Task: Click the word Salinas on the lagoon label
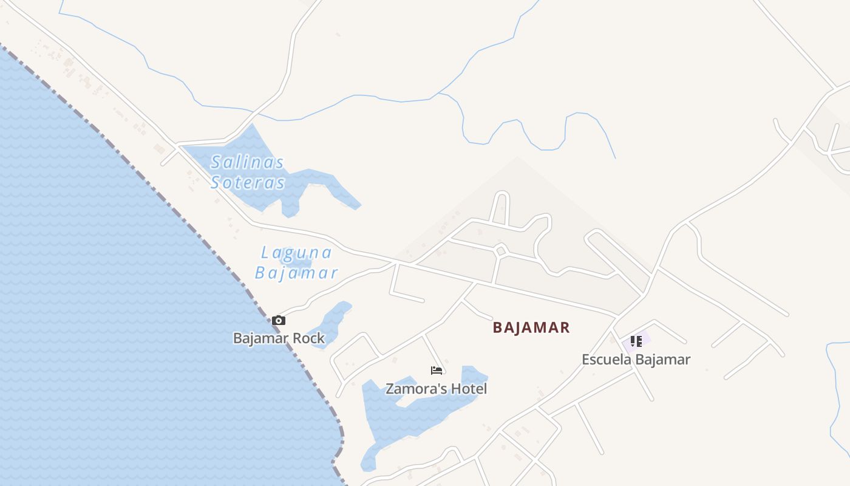coord(248,163)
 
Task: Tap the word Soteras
coord(248,183)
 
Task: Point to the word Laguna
coord(296,253)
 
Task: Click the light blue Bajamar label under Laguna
coord(296,273)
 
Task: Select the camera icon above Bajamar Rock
coord(279,320)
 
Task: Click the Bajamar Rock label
coord(279,338)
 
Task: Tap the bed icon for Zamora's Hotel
coord(436,370)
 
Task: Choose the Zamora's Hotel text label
coord(436,389)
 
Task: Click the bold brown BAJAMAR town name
coord(531,328)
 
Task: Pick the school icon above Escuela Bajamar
coord(636,341)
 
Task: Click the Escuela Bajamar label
coord(636,360)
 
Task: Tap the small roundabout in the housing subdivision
coord(500,250)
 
